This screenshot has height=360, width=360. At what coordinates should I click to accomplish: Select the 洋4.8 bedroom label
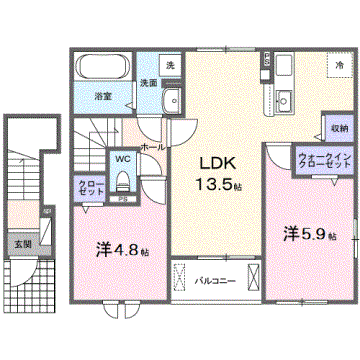pos(118,251)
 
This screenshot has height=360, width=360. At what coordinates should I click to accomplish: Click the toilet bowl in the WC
pos(124,181)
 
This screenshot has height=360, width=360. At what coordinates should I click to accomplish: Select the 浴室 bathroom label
pos(103,97)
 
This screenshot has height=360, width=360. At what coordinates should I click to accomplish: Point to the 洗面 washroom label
pos(147,84)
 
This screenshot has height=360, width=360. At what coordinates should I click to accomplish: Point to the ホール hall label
pos(153,146)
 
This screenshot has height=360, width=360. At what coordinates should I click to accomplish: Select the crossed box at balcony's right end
pos(255,276)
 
